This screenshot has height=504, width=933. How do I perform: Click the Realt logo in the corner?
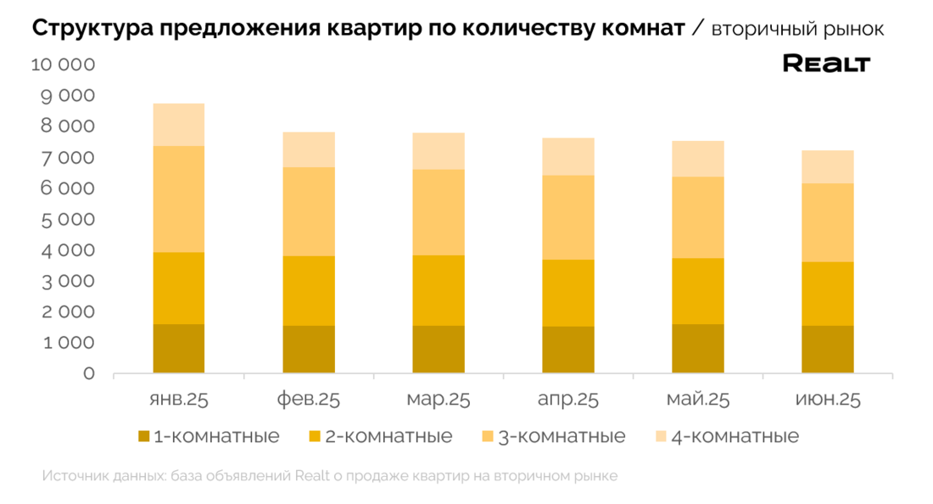825,64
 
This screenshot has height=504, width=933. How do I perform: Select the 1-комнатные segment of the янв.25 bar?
179,348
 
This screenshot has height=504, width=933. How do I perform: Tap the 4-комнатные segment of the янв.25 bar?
179,125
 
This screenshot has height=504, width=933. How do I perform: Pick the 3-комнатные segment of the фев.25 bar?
309,211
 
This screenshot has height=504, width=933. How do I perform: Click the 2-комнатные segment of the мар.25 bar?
439,290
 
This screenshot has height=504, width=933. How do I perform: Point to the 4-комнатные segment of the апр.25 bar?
568,156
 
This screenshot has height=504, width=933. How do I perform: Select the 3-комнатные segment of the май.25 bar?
698,217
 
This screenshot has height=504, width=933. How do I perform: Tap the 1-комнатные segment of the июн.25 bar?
828,349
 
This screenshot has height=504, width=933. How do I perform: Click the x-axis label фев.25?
309,400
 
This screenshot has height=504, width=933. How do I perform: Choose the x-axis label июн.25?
828,400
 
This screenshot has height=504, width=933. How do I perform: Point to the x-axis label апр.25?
568,400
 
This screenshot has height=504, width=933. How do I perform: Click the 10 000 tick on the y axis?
63,65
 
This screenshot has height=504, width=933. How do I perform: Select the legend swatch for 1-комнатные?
144,437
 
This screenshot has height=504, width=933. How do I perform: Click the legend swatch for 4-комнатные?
662,437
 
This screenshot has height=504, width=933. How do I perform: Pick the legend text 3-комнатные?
561,437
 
